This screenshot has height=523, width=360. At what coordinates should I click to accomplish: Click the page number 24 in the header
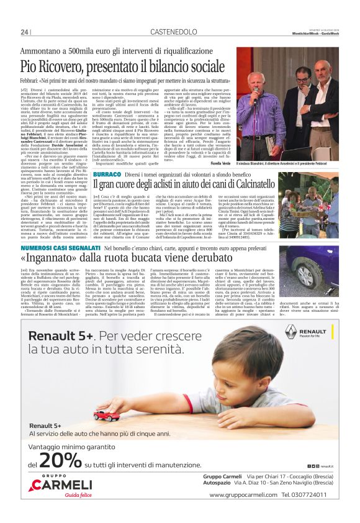[x=25, y=32]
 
